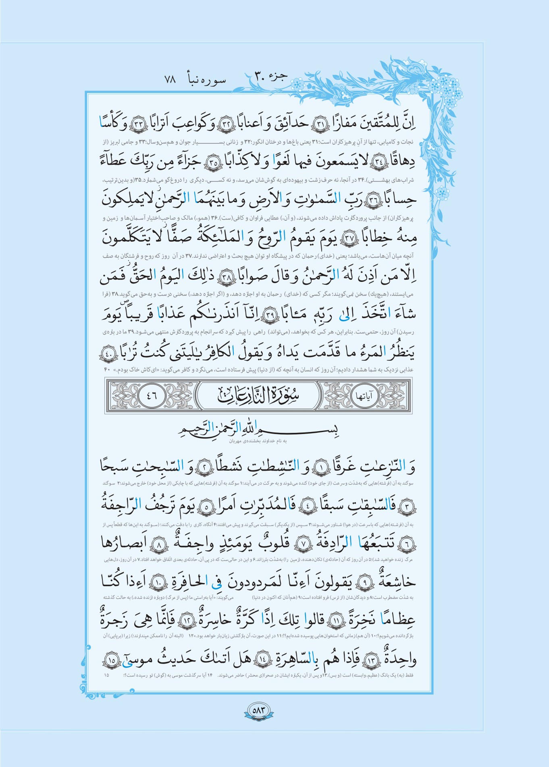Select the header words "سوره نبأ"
tap(206, 79)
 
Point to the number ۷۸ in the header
tap(170, 79)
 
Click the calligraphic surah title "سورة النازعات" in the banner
tap(258, 395)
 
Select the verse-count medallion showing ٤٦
tap(152, 396)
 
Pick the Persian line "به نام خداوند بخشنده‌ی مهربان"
tap(258, 441)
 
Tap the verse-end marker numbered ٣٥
tap(213, 163)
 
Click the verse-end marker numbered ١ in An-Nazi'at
tap(321, 467)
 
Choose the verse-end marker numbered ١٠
tap(156, 582)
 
